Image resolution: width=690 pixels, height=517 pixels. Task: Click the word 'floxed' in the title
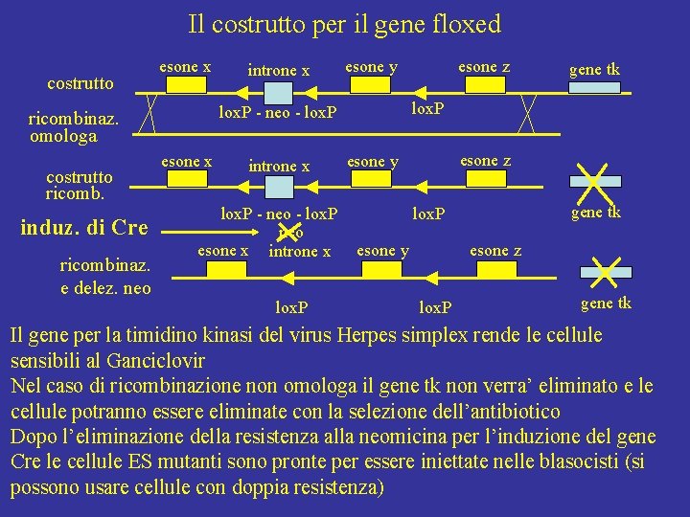pos(467,24)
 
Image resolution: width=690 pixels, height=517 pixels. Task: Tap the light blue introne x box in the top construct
pos(278,93)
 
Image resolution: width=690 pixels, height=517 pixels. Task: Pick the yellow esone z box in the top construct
pos(484,86)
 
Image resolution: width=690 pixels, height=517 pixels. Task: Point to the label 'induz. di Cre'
pos(84,228)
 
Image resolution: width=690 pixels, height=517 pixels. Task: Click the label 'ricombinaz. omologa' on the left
pos(74,128)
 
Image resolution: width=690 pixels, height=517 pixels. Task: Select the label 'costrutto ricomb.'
pos(80,185)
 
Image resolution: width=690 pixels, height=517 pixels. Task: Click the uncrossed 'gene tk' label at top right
pos(594,69)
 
